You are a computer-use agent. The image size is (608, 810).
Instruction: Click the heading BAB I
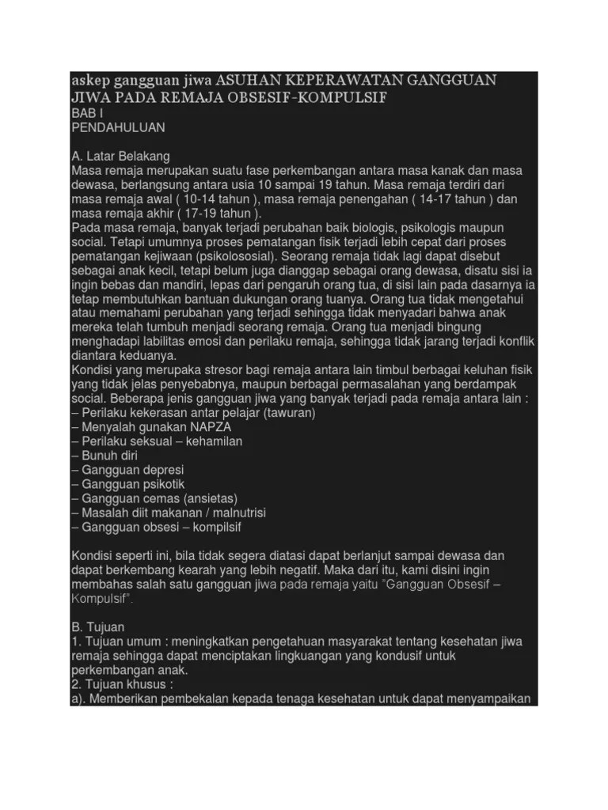coord(87,114)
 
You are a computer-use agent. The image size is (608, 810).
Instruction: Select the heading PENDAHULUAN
coord(119,127)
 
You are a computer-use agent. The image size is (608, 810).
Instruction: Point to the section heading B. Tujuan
coord(98,626)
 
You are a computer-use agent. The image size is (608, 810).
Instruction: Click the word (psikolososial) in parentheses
coord(236,255)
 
